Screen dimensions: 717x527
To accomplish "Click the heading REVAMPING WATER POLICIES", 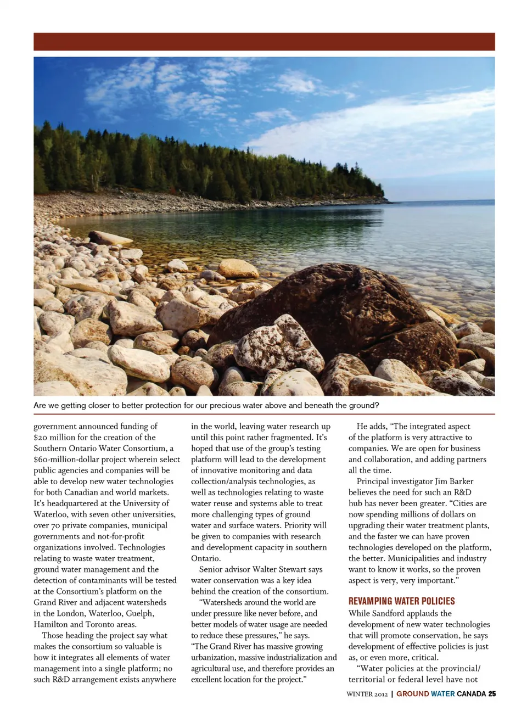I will point(401,601).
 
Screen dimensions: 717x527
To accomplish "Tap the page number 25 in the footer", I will point(492,694).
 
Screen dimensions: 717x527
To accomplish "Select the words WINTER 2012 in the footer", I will point(367,694).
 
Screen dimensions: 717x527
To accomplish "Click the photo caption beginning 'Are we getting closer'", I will point(206,405).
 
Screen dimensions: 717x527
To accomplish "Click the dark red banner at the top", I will point(263,42).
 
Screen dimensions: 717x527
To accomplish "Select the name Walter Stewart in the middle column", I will point(278,569).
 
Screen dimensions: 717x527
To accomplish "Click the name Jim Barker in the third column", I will point(453,481).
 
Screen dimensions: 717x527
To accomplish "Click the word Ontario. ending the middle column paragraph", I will point(206,558).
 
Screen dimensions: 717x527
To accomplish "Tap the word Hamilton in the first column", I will point(51,624).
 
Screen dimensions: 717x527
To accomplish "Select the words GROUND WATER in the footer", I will point(425,694).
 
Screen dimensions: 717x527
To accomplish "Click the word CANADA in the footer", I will point(471,694).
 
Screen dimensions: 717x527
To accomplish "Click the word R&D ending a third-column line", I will point(462,492).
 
